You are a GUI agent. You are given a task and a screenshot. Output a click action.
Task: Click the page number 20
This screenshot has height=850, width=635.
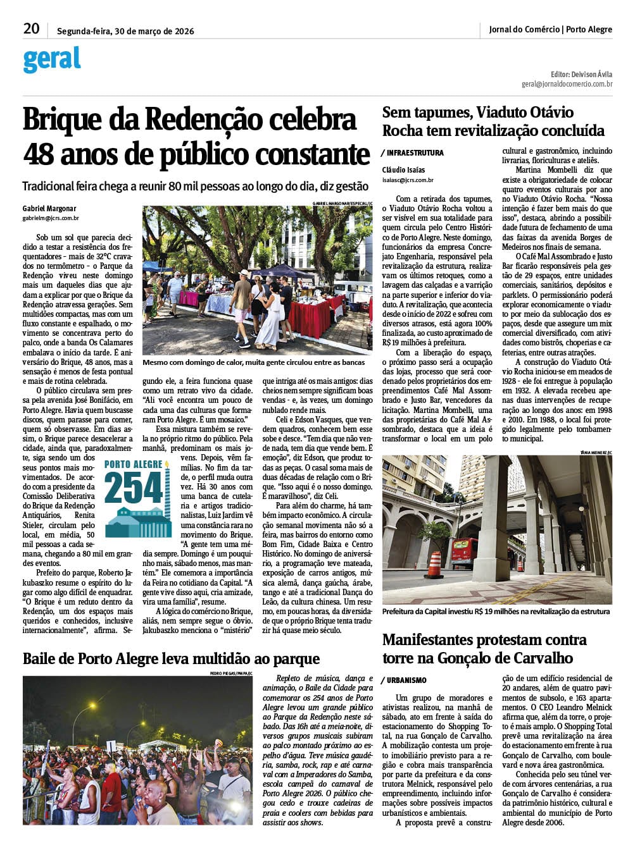coord(31,28)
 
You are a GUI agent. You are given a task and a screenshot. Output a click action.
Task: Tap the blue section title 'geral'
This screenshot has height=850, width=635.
coord(52,59)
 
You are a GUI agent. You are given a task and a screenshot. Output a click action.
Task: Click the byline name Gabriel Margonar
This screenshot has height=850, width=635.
coord(49,209)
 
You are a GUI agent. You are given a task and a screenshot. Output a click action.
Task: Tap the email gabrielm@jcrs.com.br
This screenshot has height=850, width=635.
coord(51,218)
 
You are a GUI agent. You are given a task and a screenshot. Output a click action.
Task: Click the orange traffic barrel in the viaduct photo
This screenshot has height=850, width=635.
coord(434,565)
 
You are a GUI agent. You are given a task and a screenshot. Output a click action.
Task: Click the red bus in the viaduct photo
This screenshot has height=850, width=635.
coord(465,552)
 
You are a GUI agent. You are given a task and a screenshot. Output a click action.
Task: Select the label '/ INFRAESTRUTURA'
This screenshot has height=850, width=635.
coord(413,153)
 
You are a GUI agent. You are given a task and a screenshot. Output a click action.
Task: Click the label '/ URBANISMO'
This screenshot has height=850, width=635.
coord(405,681)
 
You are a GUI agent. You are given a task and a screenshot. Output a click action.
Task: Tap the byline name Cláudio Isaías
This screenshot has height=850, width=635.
coord(404,170)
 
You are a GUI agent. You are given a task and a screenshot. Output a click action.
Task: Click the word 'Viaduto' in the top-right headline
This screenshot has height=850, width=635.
coord(503,113)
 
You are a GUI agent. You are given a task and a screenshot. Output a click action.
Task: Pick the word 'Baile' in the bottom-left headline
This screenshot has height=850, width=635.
coord(43,659)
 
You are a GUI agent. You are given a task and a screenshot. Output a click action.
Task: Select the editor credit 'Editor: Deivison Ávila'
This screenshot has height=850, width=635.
coord(581,74)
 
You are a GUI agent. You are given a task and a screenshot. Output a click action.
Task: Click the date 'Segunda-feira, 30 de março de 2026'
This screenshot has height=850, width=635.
coord(125,31)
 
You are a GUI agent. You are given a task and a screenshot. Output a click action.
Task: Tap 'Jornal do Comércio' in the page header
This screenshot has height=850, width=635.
coord(524,29)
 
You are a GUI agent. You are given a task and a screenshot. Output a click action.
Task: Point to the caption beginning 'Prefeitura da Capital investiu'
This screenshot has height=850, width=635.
coord(496,612)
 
